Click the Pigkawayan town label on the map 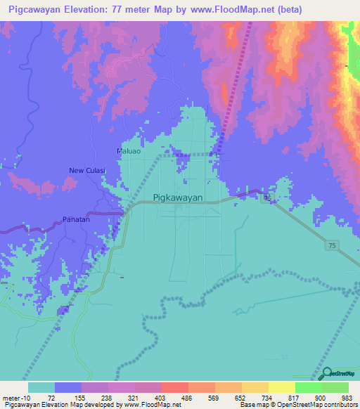tap(178, 198)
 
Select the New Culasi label tap(86, 170)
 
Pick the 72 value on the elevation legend tap(51, 398)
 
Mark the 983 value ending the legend tap(346, 398)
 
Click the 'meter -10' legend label tap(15, 398)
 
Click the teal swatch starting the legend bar tap(41, 387)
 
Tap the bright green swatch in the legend tap(308, 387)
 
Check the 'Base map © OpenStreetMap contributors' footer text tap(298, 405)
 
